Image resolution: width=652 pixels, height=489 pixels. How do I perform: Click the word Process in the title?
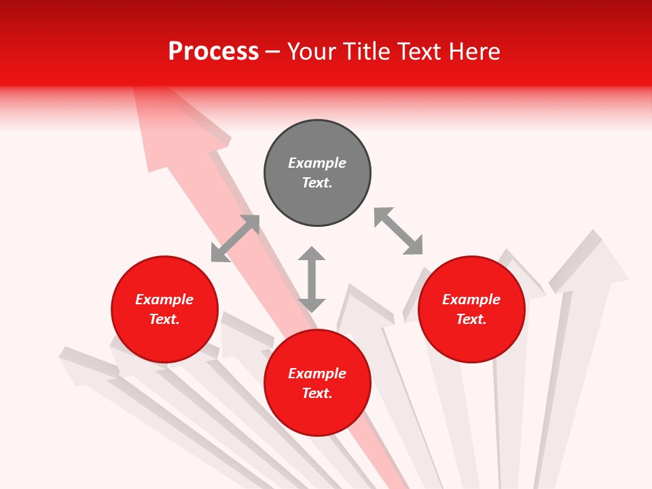click(x=213, y=52)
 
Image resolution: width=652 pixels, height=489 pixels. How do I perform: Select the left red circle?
click(x=164, y=340)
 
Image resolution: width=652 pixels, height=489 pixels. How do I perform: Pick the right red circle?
click(x=471, y=340)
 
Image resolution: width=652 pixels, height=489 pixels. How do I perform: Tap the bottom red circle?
click(x=317, y=414)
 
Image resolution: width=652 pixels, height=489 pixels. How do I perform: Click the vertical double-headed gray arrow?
click(x=312, y=279)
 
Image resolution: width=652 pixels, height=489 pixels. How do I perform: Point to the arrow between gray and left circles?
click(x=235, y=238)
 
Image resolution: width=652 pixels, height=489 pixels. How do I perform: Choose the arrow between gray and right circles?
click(x=398, y=231)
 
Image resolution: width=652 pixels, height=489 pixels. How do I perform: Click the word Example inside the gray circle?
click(x=317, y=163)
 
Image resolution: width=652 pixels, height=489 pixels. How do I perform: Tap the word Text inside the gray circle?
click(x=316, y=183)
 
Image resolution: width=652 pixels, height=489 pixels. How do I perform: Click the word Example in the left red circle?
click(x=164, y=300)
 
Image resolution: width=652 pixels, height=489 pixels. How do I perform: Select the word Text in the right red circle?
click(x=471, y=319)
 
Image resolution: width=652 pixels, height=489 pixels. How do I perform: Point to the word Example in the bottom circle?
click(x=317, y=374)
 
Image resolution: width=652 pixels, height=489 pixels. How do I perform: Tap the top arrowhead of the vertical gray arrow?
click(x=312, y=254)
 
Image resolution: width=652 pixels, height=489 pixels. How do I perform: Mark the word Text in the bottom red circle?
click(x=316, y=393)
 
